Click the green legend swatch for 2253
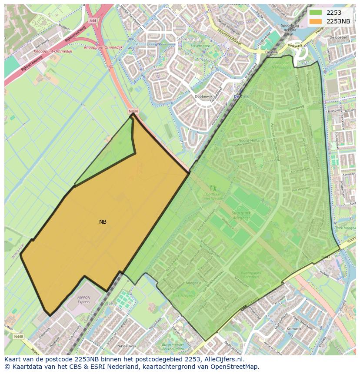coord(316,13)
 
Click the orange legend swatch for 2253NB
coord(316,21)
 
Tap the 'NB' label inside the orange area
coord(103,222)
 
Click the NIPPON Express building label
coord(83,300)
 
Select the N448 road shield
coord(18,336)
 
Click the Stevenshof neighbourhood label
coord(187,39)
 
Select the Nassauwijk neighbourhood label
coord(127,346)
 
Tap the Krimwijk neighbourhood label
coord(293,329)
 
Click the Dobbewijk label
coord(203,97)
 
